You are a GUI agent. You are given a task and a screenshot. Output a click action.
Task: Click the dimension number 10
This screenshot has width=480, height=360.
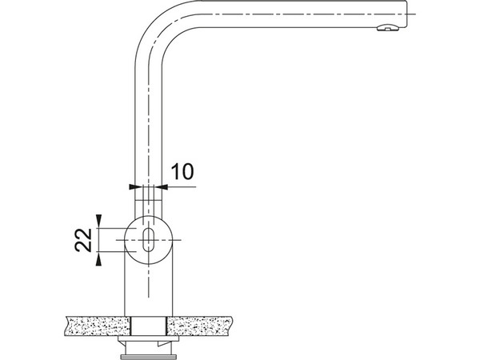[x=182, y=171]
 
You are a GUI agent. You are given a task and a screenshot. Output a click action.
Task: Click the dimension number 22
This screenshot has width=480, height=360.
[x=83, y=240]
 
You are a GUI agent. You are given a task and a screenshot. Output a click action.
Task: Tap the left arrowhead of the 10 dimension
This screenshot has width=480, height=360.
[x=132, y=186]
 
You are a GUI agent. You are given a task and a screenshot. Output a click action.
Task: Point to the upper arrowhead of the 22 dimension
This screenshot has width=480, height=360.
[x=98, y=218]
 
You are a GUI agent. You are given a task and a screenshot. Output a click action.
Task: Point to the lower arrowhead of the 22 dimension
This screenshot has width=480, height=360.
[x=98, y=261]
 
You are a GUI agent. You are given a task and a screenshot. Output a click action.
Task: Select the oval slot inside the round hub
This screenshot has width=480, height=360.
[x=149, y=240]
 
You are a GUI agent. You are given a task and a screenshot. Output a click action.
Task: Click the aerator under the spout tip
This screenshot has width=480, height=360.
[x=387, y=28]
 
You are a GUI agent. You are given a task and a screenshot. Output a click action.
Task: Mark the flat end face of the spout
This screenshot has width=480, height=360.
[x=407, y=14]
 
